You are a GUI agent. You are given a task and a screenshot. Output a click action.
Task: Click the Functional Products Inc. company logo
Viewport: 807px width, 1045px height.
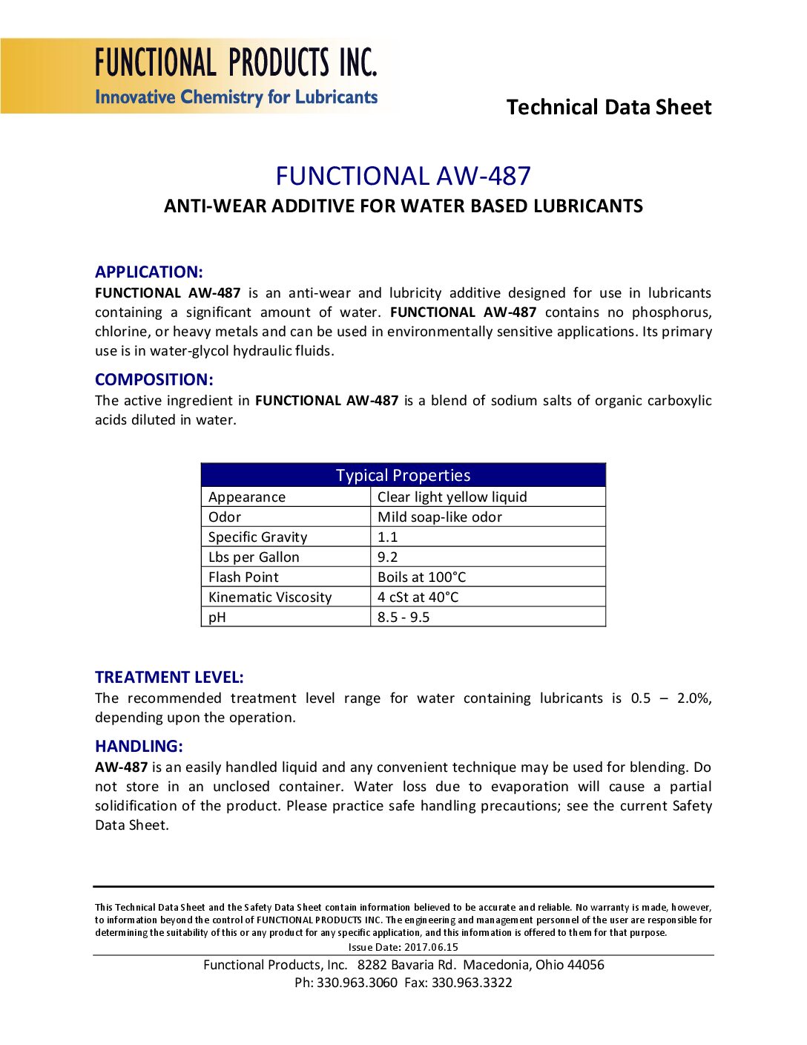tap(236, 76)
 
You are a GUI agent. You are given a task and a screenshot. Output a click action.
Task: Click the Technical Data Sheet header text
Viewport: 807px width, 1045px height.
tap(608, 108)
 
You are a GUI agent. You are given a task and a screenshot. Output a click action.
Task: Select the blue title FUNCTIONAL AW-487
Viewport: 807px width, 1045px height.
tap(403, 176)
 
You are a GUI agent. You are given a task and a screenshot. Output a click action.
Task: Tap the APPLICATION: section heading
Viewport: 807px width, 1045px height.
tap(148, 272)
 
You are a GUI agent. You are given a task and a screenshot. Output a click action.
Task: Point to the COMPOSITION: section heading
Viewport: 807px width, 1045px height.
tap(154, 379)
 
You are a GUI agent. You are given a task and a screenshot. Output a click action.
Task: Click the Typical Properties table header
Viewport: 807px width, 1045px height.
tap(403, 475)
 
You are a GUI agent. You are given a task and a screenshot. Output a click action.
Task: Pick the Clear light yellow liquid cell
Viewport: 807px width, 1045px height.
tap(452, 497)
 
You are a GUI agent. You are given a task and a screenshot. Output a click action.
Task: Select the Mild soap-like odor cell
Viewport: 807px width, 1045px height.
tap(439, 517)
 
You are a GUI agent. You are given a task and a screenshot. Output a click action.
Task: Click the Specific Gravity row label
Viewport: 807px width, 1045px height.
tap(257, 537)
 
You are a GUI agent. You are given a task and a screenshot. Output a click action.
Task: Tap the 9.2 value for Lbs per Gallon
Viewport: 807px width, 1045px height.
tap(387, 557)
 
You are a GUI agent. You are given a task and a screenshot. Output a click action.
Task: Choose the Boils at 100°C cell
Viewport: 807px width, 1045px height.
tap(421, 577)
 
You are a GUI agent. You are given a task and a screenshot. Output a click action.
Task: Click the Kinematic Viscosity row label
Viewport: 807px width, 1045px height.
tap(270, 597)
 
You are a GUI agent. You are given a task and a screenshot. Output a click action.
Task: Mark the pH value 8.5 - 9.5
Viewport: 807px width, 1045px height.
tap(403, 617)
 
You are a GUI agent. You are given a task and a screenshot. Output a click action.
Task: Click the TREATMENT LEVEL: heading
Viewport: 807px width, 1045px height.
tap(169, 677)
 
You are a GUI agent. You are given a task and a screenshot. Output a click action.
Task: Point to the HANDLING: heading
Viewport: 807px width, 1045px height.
tap(139, 746)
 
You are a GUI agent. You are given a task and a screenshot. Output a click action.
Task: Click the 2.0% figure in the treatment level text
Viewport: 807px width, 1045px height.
tap(694, 698)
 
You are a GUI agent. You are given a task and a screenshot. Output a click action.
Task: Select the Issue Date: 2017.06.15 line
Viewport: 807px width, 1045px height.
tap(403, 947)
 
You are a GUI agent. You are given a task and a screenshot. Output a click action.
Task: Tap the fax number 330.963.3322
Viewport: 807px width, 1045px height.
tap(472, 983)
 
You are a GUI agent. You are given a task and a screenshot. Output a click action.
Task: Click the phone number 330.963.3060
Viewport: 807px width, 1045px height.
tap(357, 983)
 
